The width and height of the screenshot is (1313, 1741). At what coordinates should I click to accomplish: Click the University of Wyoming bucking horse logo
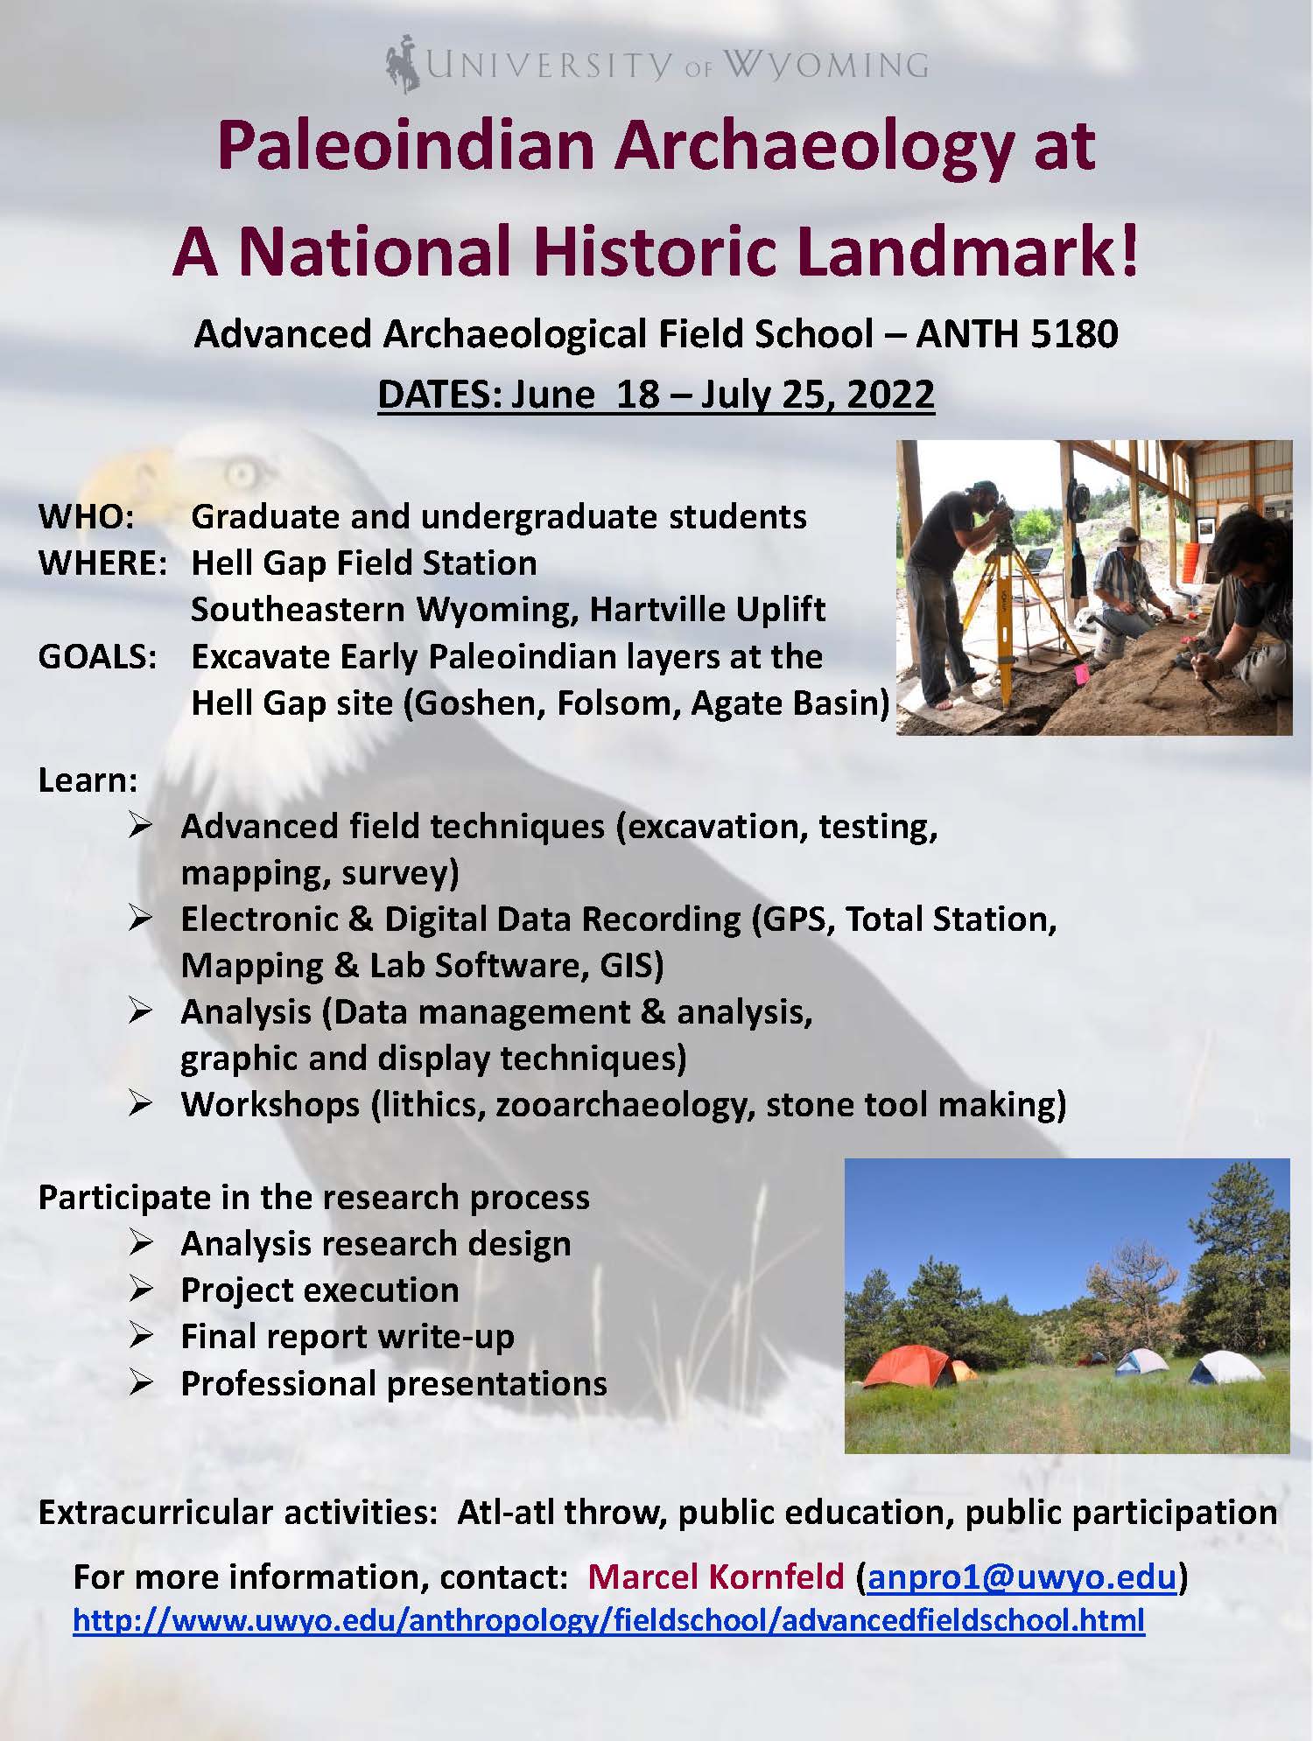point(403,63)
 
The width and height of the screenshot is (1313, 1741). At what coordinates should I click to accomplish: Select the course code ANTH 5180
point(1017,334)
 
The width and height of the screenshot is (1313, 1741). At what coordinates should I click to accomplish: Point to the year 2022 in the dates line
point(890,394)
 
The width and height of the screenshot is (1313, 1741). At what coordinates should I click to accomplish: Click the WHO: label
point(86,516)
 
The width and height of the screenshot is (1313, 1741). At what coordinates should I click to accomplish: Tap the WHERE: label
point(102,563)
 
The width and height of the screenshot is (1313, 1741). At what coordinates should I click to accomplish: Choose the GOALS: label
point(97,657)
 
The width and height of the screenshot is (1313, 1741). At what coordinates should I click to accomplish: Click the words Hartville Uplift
point(707,610)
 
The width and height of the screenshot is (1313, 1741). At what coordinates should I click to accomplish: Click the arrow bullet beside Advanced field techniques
point(141,826)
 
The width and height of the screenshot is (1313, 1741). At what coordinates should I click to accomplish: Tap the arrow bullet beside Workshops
point(141,1104)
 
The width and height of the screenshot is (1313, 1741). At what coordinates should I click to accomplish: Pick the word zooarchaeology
point(625,1105)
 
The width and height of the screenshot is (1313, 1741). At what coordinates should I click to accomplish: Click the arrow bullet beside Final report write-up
point(141,1336)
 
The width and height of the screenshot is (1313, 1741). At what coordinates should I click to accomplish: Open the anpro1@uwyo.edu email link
point(1022,1577)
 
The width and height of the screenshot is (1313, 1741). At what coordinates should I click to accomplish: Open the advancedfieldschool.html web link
point(608,1620)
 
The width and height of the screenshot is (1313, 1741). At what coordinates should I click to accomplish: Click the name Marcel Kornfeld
point(716,1577)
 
